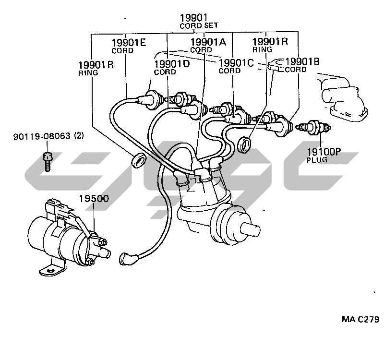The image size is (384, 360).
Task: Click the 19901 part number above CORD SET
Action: tap(194, 18)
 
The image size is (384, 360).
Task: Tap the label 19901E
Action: tap(129, 42)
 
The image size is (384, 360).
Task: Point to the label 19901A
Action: tap(208, 42)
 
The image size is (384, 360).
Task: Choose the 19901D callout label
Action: tap(171, 64)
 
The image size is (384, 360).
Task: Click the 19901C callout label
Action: tap(236, 63)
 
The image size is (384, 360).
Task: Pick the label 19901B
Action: tap(302, 61)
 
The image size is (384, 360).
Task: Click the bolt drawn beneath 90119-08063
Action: tap(47, 160)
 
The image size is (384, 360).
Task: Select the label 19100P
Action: tap(324, 152)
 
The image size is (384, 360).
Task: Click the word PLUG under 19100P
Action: tap(317, 160)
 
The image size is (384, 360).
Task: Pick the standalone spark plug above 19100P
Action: tap(315, 127)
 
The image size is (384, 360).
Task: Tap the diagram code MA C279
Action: tap(360, 319)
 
